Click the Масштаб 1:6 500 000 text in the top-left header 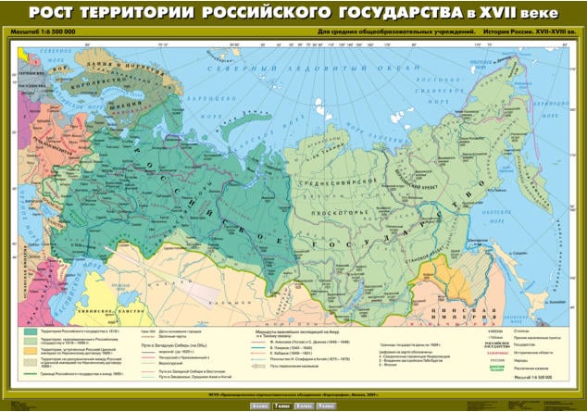click(x=41, y=32)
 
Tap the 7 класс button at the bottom click(x=281, y=406)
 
